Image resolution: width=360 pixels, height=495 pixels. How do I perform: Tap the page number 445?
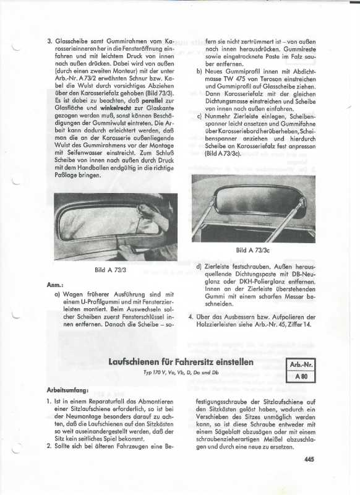(x=309, y=459)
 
